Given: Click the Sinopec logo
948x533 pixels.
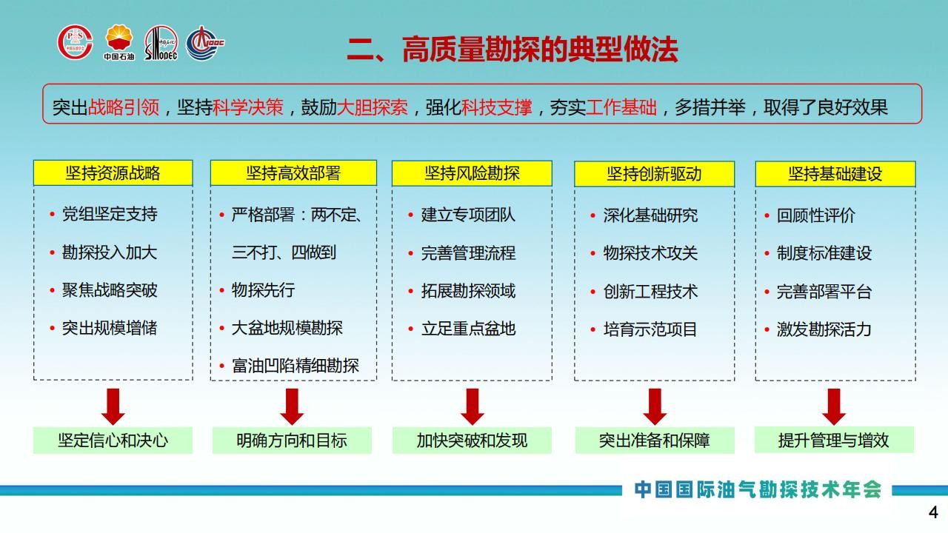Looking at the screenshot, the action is coord(161,43).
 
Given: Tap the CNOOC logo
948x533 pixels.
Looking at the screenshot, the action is coord(205,43).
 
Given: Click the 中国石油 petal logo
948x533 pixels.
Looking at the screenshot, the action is coord(119,42).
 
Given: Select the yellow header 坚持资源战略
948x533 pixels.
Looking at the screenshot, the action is coord(113,173).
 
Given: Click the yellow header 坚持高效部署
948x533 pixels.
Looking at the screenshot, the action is coord(293,173).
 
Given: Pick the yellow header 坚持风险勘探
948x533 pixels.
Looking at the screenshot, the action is coord(472,173).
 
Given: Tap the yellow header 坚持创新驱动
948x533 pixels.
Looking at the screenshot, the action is coord(654,174).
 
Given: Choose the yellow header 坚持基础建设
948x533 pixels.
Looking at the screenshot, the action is coord(835,174).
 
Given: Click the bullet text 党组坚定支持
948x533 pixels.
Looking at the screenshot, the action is coord(110,214).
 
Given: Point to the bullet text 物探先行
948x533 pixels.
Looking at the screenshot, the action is coord(263,290).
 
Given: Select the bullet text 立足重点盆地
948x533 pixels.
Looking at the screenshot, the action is coord(468,329).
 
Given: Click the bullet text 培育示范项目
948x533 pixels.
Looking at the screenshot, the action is coord(650,329).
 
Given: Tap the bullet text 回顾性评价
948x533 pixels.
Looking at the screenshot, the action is coord(815,215).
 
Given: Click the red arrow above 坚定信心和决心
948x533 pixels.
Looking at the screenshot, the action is coord(113,406).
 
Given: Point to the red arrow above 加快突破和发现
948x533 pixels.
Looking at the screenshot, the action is coord(473,406).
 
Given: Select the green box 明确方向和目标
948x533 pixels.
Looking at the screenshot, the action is coord(292,440).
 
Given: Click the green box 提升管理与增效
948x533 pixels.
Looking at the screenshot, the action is coord(834,440).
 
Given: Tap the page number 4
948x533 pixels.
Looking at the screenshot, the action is coord(933,512).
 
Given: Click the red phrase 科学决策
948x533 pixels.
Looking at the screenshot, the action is coord(248,107).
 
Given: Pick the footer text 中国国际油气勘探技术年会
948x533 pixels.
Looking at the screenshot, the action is coord(758,490).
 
